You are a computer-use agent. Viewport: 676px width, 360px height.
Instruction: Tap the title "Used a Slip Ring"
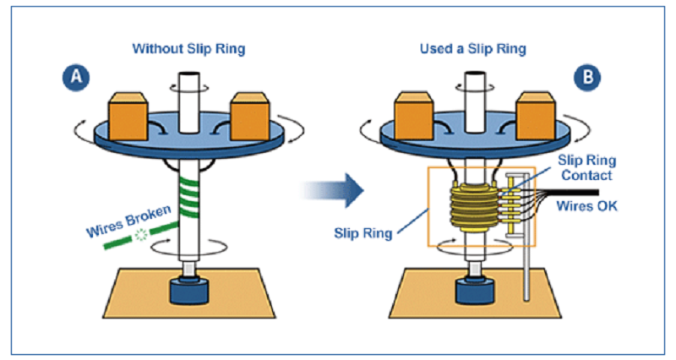(x=472, y=48)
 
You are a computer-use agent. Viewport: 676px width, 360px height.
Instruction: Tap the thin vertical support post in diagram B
(x=526, y=270)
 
